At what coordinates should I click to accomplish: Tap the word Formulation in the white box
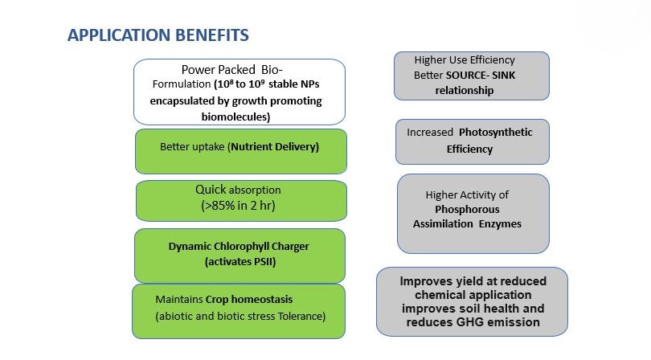coord(182,84)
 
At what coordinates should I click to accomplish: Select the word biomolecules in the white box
coord(235,117)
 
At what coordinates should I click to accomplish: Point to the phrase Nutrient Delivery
coord(274,146)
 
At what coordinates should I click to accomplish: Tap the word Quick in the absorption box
coord(211,190)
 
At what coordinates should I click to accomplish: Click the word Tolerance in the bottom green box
coord(302,317)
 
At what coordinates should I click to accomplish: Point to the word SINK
coord(504,76)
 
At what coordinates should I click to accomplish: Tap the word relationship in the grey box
coord(465,91)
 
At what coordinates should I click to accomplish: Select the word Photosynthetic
coord(495,133)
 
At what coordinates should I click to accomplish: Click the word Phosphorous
coord(467,209)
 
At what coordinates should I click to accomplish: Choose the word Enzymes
coord(500,224)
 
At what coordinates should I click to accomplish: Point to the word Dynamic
coord(190,247)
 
